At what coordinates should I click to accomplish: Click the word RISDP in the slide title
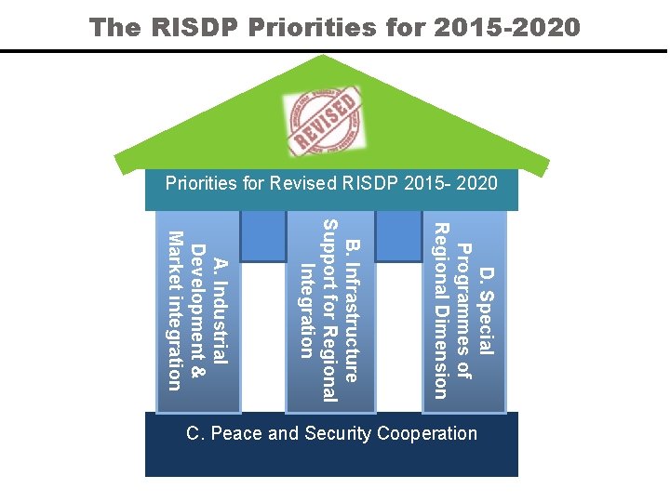point(200,27)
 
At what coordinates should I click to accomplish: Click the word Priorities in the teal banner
point(202,182)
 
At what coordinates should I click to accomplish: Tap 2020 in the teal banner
point(478,182)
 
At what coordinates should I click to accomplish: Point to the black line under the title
point(335,51)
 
